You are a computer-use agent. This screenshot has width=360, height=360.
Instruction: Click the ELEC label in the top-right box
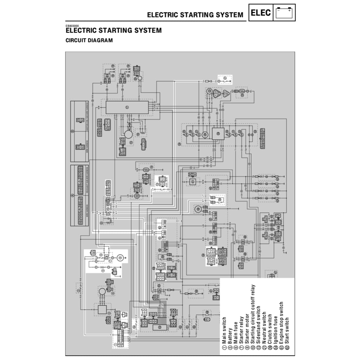pyautogui.click(x=261, y=13)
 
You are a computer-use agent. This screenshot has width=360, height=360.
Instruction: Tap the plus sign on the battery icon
pyautogui.click(x=289, y=11)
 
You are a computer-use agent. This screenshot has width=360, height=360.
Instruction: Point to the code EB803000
pyautogui.click(x=72, y=26)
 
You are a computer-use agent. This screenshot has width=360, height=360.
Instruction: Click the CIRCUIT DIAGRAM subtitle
pyautogui.click(x=89, y=40)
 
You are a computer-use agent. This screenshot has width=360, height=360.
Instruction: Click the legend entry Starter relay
pyautogui.click(x=241, y=328)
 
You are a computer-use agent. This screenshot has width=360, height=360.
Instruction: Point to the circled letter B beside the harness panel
pyautogui.click(x=73, y=131)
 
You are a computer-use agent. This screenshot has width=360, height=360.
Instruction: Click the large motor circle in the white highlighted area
pyautogui.click(x=121, y=257)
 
